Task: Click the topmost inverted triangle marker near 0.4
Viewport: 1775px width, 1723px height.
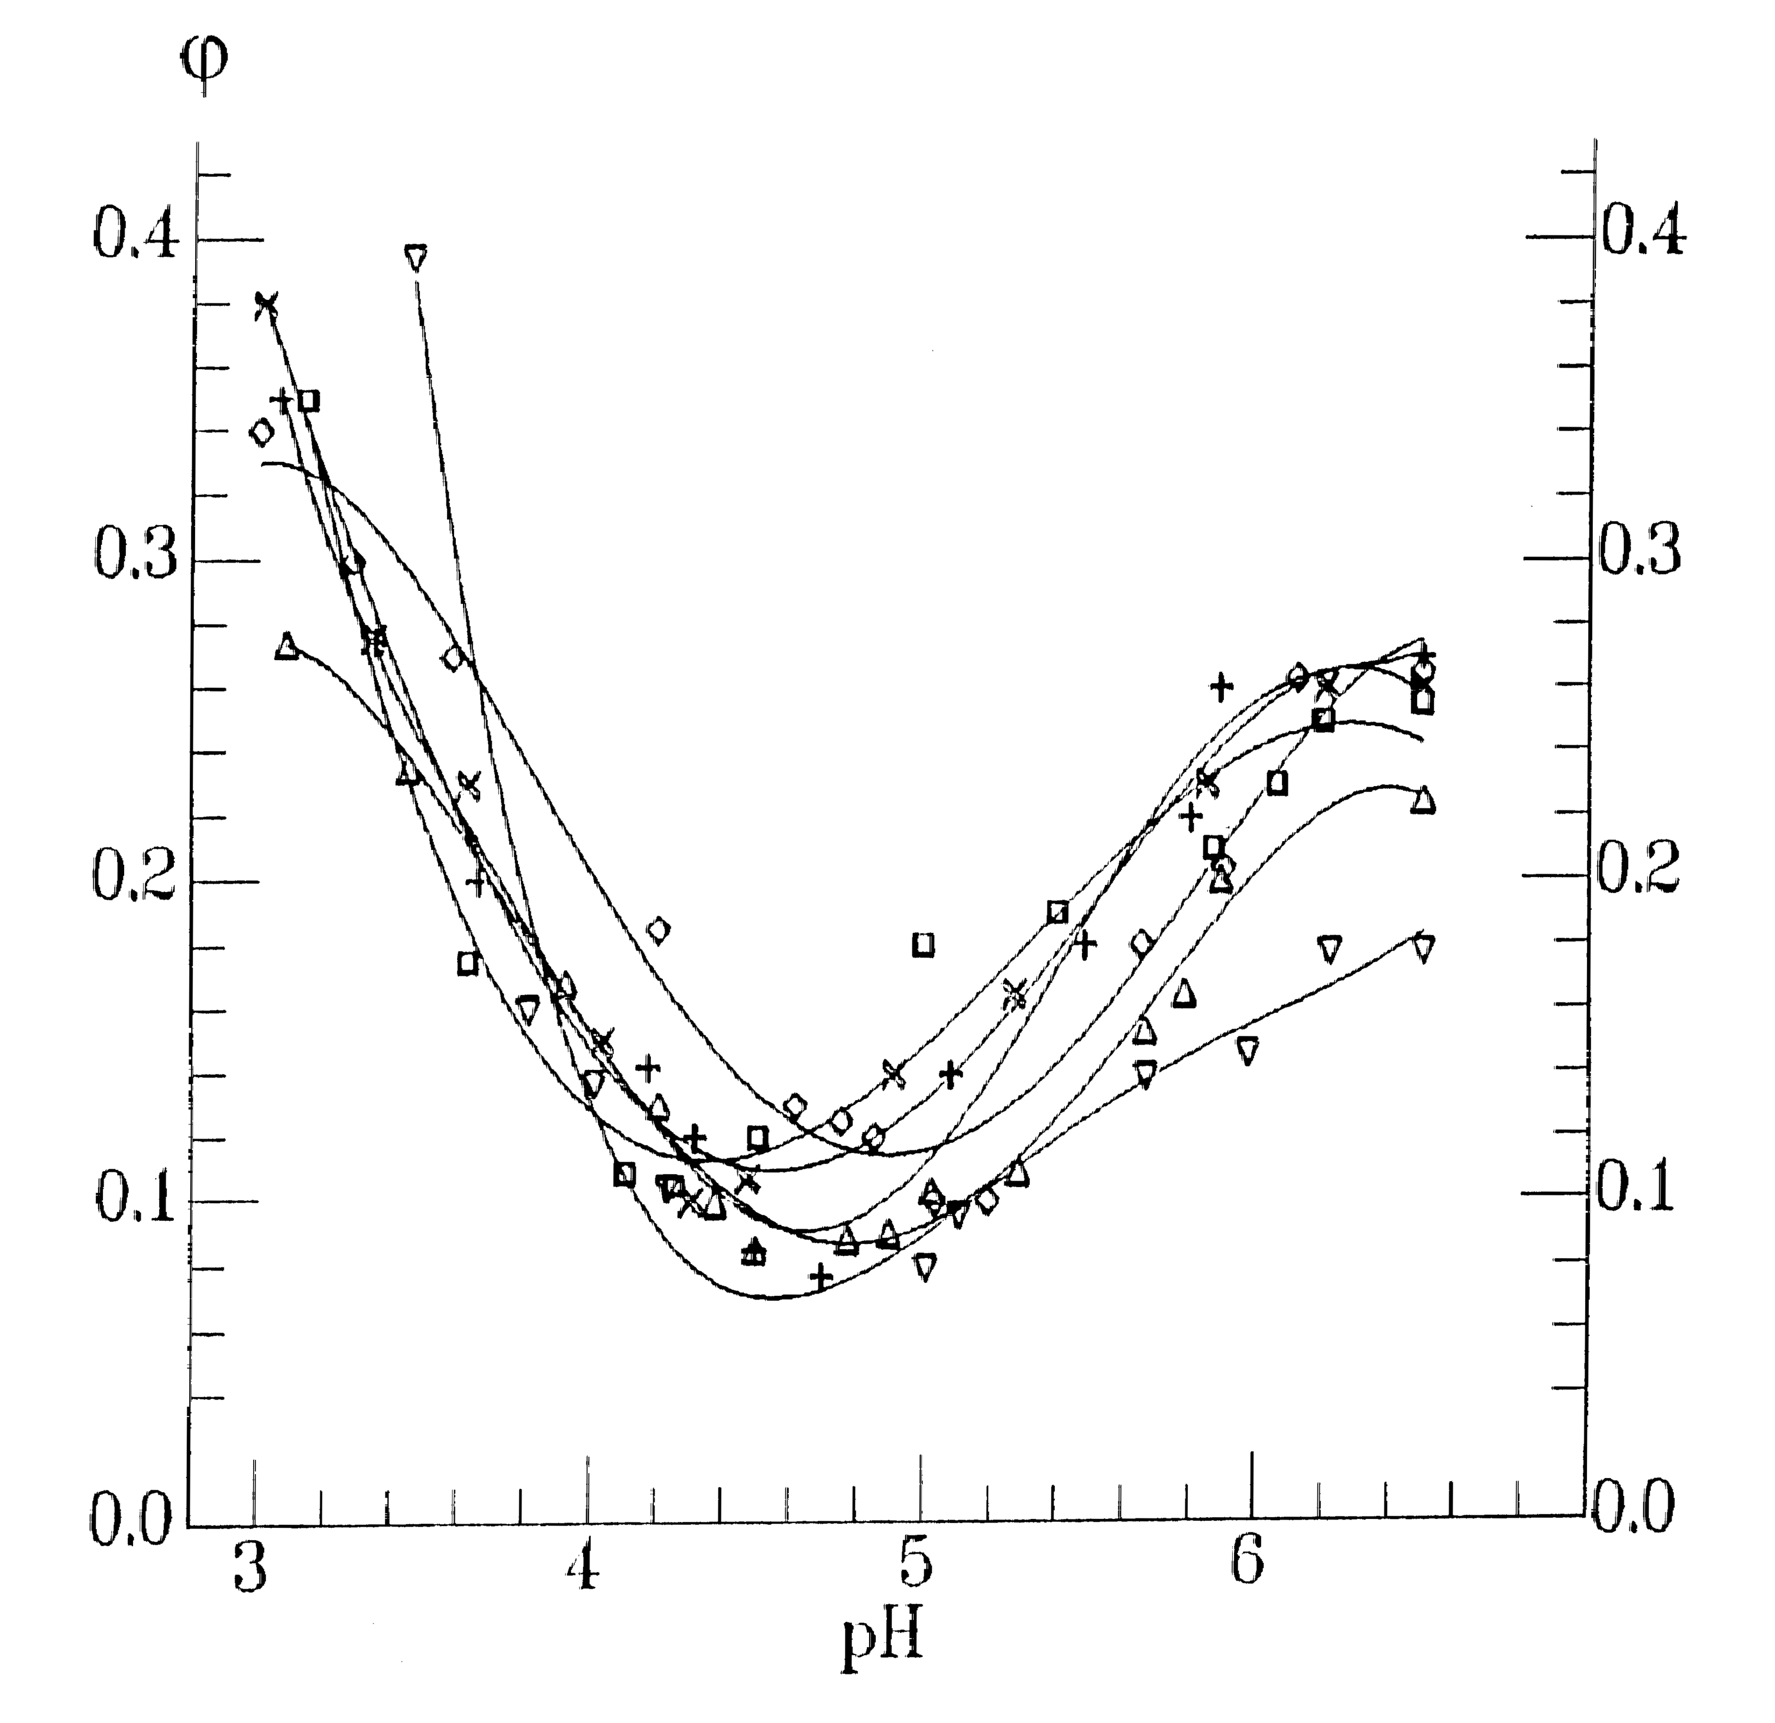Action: [x=416, y=257]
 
